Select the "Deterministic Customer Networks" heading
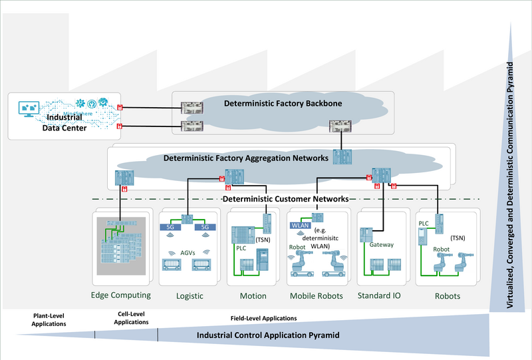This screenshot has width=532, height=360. [285, 198]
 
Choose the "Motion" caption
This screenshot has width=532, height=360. [253, 295]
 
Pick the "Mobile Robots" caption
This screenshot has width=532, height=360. [316, 295]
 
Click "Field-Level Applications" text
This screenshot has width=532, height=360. [263, 318]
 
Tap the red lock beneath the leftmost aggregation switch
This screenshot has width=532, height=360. [124, 189]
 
